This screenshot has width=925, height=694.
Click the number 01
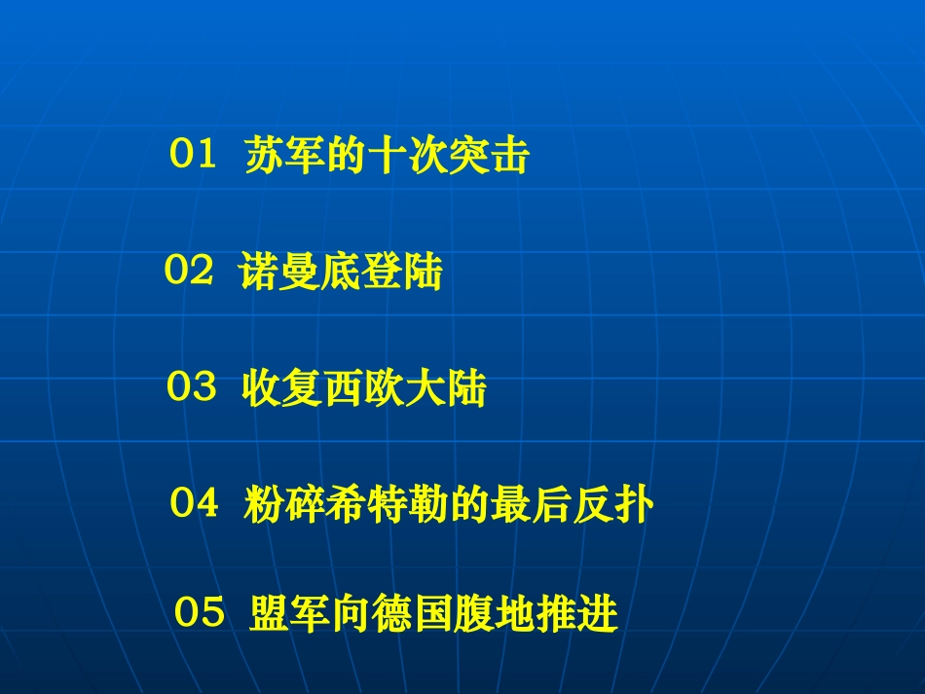[192, 156]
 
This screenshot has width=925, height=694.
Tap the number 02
[188, 273]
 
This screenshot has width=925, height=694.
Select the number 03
[191, 389]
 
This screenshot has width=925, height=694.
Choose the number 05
[200, 614]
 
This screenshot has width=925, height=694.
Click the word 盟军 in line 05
[290, 615]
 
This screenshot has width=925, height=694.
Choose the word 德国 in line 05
[414, 615]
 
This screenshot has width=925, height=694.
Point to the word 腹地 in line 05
[496, 615]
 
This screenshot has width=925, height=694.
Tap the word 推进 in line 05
[577, 615]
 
